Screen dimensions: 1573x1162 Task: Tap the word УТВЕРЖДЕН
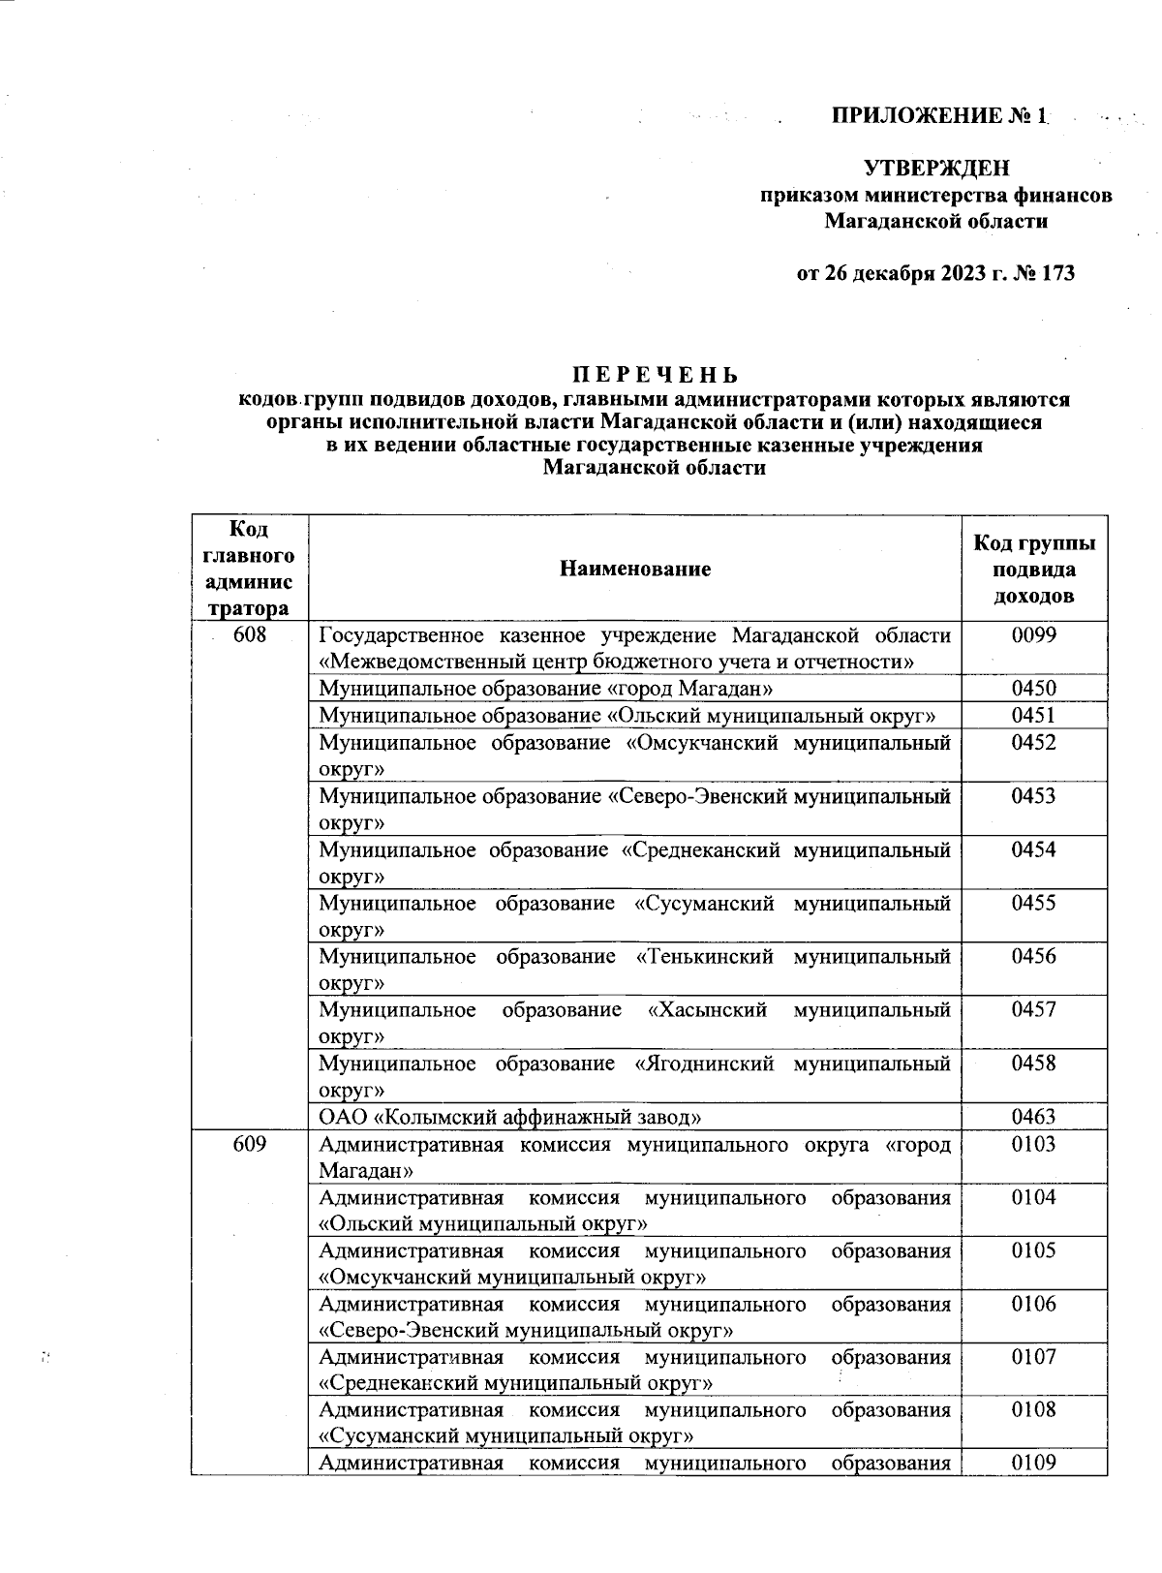tap(935, 169)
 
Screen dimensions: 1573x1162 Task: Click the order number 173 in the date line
tap(1058, 273)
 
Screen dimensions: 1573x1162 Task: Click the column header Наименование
tap(634, 569)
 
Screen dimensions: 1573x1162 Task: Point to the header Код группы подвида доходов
tap(1033, 569)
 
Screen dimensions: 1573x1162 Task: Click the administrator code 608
tap(250, 635)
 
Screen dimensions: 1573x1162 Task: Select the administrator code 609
tap(250, 1144)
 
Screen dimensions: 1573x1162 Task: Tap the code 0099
tap(1033, 635)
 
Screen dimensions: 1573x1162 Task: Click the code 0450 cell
tap(1033, 689)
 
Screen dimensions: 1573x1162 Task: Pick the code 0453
tap(1033, 796)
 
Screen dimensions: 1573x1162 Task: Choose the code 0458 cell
tap(1033, 1064)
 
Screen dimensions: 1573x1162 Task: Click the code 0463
tap(1033, 1117)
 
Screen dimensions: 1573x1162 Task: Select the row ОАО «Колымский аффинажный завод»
tap(510, 1117)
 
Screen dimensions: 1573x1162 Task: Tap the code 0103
tap(1033, 1144)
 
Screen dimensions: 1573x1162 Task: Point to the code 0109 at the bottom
tap(1033, 1463)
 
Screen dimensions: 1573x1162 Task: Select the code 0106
tap(1033, 1304)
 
